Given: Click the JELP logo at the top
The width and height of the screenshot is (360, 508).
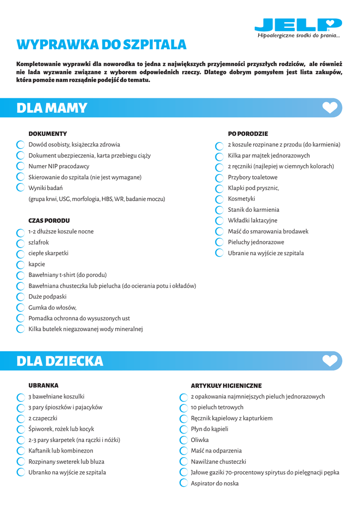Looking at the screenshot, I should tap(298, 25).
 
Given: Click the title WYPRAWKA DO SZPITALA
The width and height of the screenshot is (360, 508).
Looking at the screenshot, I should tap(101, 45).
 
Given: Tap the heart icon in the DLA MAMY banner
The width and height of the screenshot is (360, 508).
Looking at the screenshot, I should tap(330, 108).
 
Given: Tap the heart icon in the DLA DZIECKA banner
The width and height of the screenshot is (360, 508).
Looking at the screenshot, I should tap(330, 361).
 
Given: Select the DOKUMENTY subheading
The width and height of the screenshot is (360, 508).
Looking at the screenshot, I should tap(48, 134).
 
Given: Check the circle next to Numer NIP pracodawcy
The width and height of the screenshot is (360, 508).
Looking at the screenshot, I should tap(20, 166).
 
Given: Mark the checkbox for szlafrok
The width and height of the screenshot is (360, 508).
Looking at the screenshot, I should tap(20, 243).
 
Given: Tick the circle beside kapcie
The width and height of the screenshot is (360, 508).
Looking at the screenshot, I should tap(20, 265).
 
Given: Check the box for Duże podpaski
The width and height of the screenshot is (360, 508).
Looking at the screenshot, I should tap(20, 297).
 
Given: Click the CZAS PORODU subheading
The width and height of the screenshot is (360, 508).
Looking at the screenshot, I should tap(49, 221).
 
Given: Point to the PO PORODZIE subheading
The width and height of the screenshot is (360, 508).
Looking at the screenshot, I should tap(248, 134).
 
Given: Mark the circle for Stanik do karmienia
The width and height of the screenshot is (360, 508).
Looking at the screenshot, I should tap(219, 210).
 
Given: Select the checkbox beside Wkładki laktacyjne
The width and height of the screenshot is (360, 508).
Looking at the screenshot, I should tap(219, 221).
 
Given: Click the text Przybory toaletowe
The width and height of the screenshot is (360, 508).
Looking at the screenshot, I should tap(253, 178).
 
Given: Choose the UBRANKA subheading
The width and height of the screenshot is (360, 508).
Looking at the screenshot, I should tap(44, 385).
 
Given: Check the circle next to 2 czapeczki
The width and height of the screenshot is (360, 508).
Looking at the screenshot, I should tap(20, 419).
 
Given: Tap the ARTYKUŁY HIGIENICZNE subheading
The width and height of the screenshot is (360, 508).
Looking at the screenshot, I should tap(226, 386).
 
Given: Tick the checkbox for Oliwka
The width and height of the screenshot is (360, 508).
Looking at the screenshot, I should tap(183, 441).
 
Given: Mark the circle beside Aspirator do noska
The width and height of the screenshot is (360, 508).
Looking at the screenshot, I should tap(183, 484).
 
